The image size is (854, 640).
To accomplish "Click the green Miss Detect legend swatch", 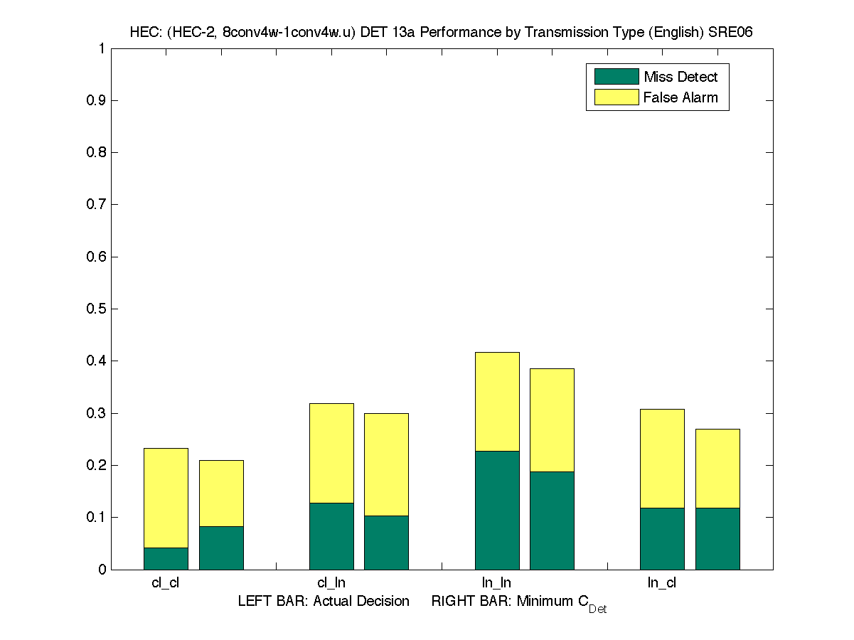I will (616, 77).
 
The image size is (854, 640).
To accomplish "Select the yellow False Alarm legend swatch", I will (616, 97).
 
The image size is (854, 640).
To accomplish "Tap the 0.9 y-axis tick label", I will (97, 101).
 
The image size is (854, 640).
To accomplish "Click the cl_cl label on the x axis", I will (165, 583).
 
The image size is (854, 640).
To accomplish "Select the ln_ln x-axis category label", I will (496, 583).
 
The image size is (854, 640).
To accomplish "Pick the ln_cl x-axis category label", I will (661, 583).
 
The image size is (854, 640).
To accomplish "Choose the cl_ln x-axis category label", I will (331, 583).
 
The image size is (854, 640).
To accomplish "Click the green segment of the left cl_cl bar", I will (166, 558).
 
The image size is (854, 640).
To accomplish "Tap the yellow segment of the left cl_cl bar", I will (166, 498).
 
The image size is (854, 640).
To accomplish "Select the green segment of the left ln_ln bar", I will (497, 510).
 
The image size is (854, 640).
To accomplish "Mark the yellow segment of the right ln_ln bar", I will (552, 420).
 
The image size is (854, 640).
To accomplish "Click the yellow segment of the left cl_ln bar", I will (331, 453).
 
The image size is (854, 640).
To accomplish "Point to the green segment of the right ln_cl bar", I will (717, 538).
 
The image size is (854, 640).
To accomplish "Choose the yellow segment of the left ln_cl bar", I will (662, 458).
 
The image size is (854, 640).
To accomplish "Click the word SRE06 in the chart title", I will (732, 33).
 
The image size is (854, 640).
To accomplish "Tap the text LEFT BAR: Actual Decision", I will (324, 602).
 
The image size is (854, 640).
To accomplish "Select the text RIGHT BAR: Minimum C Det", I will (518, 602).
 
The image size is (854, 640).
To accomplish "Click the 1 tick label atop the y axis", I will (102, 49).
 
